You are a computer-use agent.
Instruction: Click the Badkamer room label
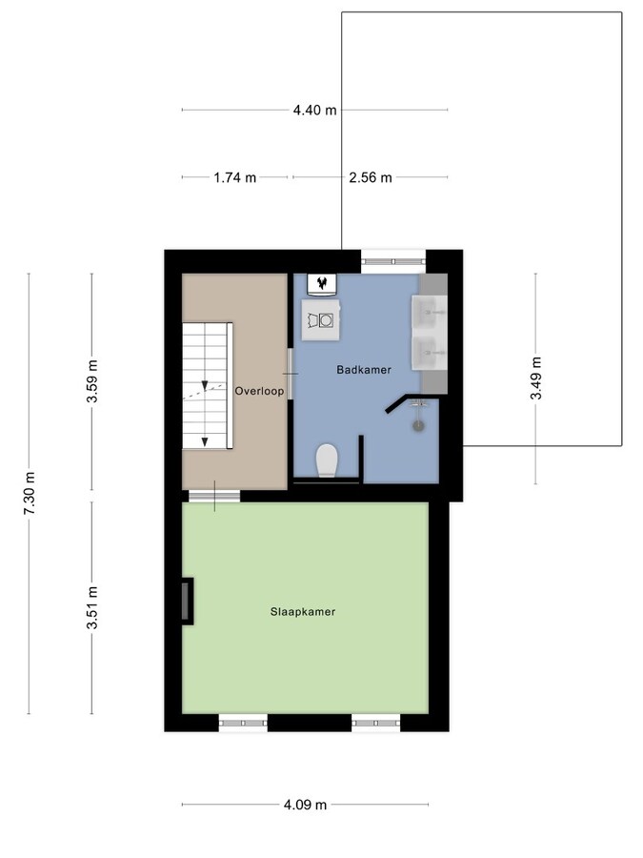[x=363, y=369]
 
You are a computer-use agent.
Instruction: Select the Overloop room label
[x=258, y=389]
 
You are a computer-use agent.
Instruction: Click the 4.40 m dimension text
[x=314, y=110]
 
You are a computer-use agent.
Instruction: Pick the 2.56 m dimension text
[x=371, y=177]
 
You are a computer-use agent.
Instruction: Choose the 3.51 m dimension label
[x=91, y=607]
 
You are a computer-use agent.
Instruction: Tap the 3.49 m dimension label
[x=535, y=378]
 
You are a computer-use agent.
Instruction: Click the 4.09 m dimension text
[x=305, y=805]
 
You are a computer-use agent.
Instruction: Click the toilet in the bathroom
[x=327, y=460]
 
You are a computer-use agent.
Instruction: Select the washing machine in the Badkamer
[x=320, y=319]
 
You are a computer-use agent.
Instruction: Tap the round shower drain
[x=418, y=426]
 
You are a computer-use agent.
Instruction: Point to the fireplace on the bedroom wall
[x=188, y=601]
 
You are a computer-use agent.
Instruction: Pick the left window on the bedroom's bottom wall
[x=243, y=724]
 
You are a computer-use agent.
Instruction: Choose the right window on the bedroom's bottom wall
[x=375, y=724]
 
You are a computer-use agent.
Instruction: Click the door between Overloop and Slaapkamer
[x=213, y=495]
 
